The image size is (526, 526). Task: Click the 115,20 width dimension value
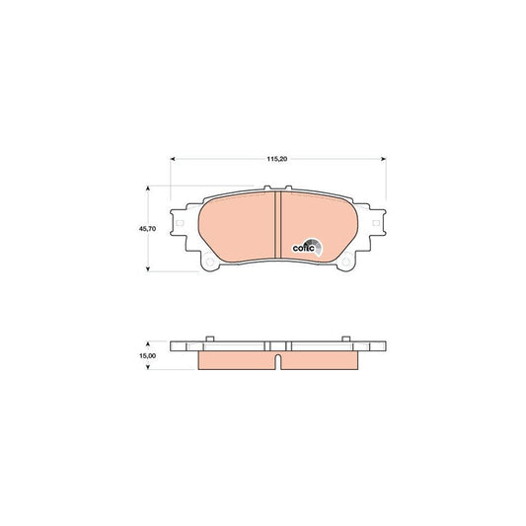coord(277,147)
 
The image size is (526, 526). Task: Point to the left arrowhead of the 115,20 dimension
coord(175,157)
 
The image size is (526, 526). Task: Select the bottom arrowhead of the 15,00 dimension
coord(148,368)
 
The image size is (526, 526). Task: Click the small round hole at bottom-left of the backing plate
coord(208,263)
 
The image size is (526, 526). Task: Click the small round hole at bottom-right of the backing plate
coord(348,263)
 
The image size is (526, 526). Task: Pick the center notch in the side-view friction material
coord(278,358)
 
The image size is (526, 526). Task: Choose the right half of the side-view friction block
coord(318,361)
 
